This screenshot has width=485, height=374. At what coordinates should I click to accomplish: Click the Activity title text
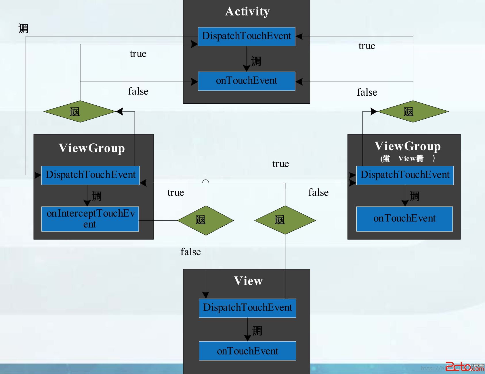click(247, 11)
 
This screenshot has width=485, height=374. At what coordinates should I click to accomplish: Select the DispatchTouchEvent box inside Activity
click(247, 36)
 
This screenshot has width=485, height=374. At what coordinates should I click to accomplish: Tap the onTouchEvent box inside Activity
click(247, 81)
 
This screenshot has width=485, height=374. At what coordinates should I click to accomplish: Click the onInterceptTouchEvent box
click(90, 219)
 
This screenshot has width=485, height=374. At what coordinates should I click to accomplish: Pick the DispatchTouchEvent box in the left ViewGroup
click(90, 175)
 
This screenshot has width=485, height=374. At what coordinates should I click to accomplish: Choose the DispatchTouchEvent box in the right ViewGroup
click(405, 175)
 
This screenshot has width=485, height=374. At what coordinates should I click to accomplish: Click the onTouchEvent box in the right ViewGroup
click(404, 219)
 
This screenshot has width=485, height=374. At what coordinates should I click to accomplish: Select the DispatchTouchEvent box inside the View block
click(247, 308)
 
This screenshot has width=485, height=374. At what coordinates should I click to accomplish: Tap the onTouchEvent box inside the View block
click(247, 351)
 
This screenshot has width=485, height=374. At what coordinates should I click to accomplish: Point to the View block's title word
click(248, 281)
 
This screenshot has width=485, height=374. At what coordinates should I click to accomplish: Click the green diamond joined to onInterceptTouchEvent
click(205, 220)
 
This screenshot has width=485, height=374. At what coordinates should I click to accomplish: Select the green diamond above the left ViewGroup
click(80, 111)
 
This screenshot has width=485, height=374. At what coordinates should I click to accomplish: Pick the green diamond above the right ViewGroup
click(413, 111)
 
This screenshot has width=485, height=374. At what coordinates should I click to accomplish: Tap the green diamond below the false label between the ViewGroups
click(285, 220)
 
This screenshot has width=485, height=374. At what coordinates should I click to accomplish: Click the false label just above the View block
click(190, 252)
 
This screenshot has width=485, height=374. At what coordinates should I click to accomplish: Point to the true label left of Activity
click(138, 54)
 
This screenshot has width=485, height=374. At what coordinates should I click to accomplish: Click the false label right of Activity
click(367, 92)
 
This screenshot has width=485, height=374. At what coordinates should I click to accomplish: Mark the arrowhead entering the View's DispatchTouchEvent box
click(206, 295)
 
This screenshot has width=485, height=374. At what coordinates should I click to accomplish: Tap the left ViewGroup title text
click(91, 148)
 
